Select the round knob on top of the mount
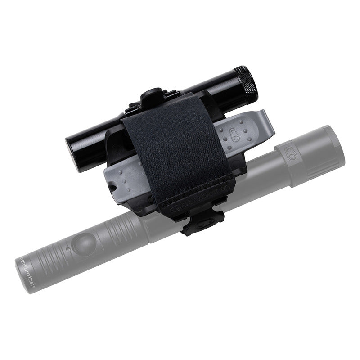[x=151, y=95]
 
